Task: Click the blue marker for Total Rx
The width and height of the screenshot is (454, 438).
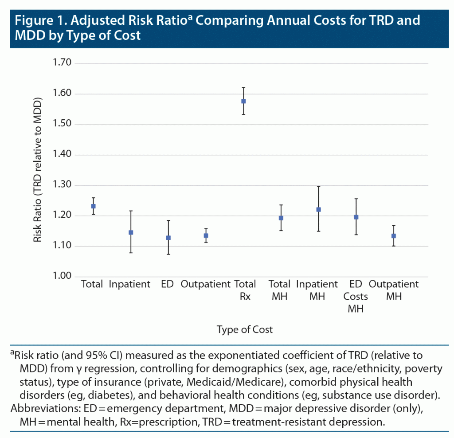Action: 243,101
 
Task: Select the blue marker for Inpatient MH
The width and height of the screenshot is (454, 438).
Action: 318,209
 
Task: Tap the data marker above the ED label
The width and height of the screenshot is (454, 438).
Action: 168,238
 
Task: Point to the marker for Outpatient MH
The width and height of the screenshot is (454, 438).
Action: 394,236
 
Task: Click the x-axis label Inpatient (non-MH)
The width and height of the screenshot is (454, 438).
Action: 129,284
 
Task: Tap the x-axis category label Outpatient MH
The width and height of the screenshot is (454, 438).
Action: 394,290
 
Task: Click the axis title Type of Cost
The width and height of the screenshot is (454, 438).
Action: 245,329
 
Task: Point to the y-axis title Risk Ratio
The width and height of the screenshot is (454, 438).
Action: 38,171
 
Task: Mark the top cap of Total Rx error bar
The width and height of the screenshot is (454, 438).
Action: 243,88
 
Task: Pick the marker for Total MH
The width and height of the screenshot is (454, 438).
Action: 281,218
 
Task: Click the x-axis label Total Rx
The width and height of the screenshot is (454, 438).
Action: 245,290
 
